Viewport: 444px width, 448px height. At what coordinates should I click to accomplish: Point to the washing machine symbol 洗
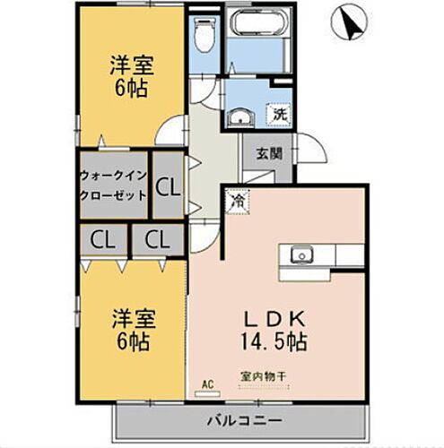[280, 116]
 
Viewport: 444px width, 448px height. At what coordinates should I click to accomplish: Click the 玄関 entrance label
[269, 153]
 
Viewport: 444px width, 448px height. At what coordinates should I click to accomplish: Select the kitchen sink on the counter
[300, 255]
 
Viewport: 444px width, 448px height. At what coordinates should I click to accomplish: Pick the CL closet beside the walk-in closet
[166, 187]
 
